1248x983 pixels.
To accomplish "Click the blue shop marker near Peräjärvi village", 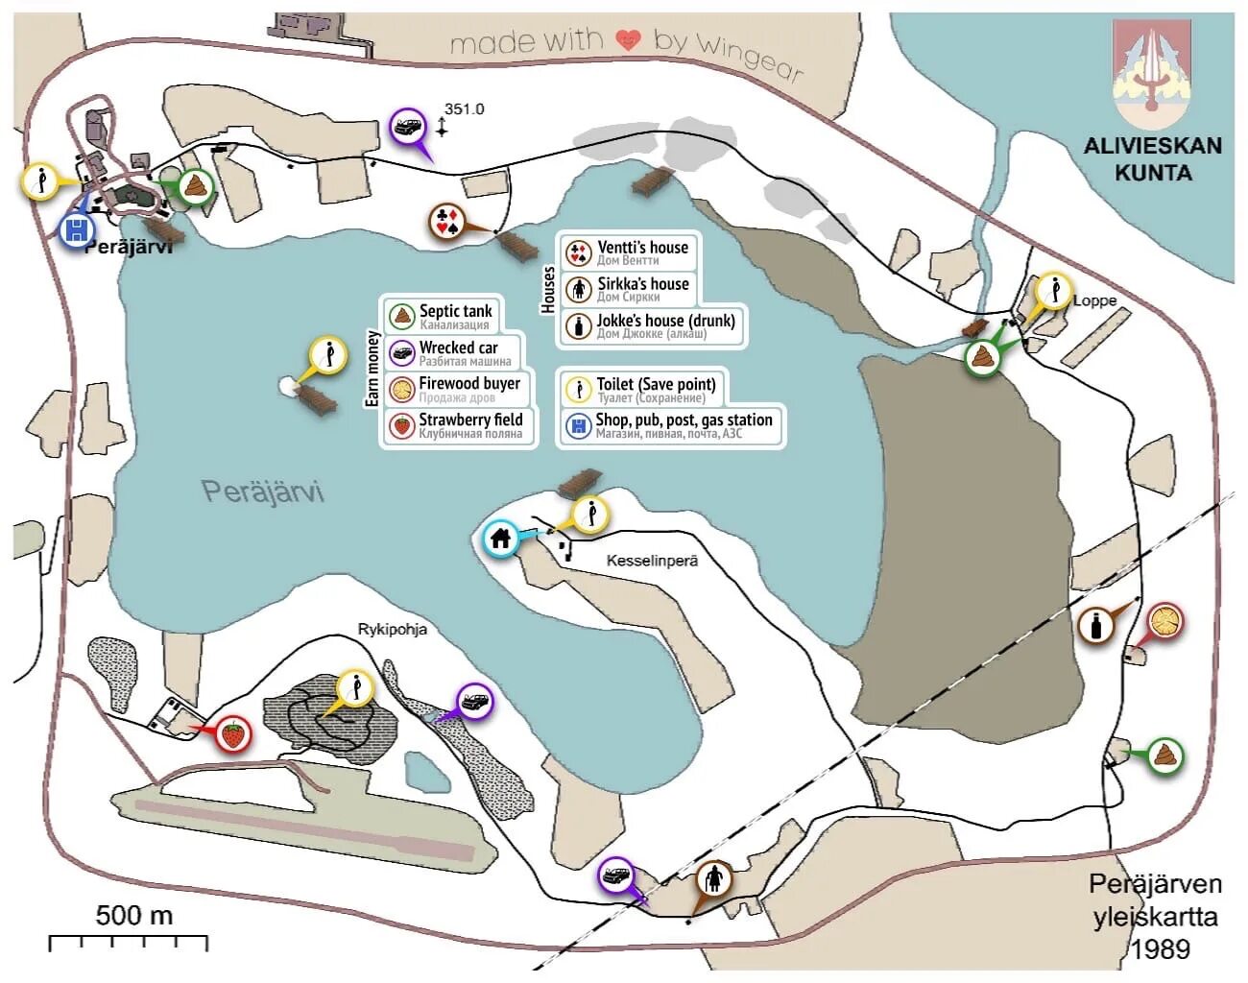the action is [76, 230].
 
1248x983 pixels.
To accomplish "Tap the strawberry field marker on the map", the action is [232, 734].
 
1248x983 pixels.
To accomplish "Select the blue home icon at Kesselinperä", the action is [500, 538].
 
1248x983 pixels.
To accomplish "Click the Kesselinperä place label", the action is [652, 560].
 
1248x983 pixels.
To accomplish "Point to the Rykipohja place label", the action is [392, 630].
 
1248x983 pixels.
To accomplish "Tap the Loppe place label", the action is [1094, 300].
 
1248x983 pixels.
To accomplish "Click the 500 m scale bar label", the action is [134, 915].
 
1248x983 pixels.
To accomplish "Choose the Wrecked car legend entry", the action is [451, 351].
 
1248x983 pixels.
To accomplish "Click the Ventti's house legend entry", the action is [628, 252].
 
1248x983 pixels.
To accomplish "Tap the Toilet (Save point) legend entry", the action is [642, 389].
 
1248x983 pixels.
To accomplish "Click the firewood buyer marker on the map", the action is [1165, 620].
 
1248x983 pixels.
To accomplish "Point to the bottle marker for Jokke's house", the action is [1095, 626].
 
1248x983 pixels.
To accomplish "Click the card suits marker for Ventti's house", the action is [446, 221].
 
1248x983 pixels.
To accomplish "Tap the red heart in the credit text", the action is [628, 39].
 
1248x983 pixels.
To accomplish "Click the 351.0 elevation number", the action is [465, 108].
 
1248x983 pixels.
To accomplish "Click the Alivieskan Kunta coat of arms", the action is [1152, 74].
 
